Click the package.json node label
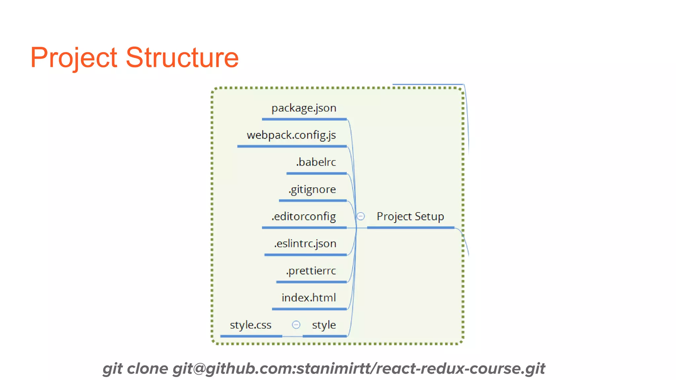304,108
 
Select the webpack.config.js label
291,135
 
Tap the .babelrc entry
316,162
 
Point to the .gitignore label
312,190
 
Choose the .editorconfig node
304,217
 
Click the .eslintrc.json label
305,244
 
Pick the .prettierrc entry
311,271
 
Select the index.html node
309,298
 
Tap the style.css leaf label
251,325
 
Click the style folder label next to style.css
324,325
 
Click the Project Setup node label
410,217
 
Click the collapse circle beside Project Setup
361,216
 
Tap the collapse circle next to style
296,325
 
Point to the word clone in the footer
147,368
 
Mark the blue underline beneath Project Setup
410,228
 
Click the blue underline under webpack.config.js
292,146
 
